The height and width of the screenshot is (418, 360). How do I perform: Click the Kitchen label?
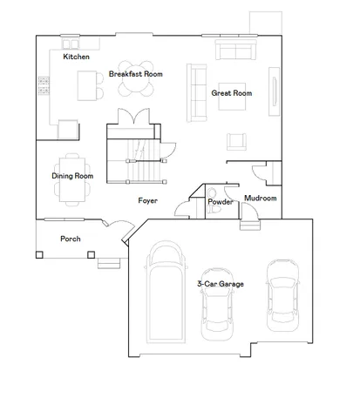[77, 57]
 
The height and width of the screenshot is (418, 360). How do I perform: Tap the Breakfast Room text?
[135, 74]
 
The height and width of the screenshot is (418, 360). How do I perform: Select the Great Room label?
[232, 92]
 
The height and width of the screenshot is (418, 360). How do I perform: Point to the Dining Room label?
[72, 176]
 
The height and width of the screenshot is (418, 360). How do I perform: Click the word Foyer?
[147, 200]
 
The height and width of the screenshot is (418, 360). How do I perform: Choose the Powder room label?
[219, 202]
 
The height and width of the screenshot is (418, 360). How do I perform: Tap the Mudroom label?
[260, 199]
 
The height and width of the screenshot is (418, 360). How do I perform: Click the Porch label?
[71, 238]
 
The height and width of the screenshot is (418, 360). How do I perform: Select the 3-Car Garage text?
[220, 284]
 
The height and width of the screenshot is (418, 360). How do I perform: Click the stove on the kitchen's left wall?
[43, 85]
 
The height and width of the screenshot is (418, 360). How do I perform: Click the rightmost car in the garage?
[282, 291]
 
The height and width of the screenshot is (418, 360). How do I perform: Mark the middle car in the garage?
[217, 305]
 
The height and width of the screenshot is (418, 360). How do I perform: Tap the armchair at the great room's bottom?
[236, 140]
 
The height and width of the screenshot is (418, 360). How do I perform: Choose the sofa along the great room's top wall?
[231, 50]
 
